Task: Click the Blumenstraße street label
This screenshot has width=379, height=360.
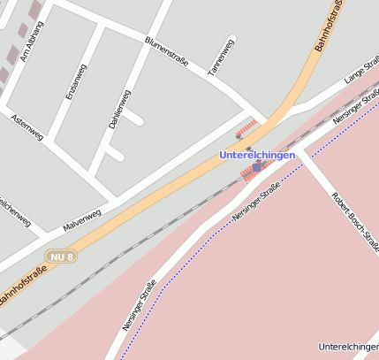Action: [167, 52]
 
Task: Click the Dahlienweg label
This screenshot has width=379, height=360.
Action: [119, 110]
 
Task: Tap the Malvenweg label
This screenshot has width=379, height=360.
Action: [82, 219]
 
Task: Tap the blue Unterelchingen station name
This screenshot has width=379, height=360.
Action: [256, 155]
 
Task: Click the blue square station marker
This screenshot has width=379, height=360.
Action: [256, 167]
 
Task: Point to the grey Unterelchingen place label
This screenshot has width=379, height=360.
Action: [348, 346]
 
